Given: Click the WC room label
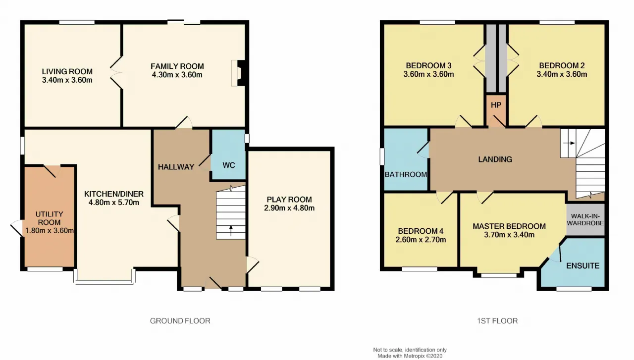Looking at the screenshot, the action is click(229, 165).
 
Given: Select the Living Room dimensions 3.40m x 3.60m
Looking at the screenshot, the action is click(67, 80).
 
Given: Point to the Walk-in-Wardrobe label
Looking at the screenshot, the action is click(585, 220).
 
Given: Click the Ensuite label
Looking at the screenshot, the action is click(583, 266).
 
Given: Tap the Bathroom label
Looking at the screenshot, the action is click(406, 174).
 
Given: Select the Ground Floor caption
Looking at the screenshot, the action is click(180, 321).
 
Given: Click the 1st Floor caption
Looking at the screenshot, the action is click(497, 321).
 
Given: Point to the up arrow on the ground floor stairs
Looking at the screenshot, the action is click(231, 230).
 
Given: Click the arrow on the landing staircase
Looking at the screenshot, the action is click(569, 143).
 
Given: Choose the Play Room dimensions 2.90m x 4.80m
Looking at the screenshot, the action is click(289, 208).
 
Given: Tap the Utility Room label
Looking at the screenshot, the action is click(49, 218).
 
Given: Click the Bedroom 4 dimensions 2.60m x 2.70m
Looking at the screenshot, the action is click(421, 240).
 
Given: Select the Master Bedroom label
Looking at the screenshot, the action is click(509, 226).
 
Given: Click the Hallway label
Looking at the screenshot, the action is click(176, 167).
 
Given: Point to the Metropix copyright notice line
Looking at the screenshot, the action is click(410, 356).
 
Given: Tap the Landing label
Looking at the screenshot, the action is click(495, 159).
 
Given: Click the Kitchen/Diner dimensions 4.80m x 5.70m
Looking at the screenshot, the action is click(114, 203).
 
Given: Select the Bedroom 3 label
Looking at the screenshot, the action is click(428, 66).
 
